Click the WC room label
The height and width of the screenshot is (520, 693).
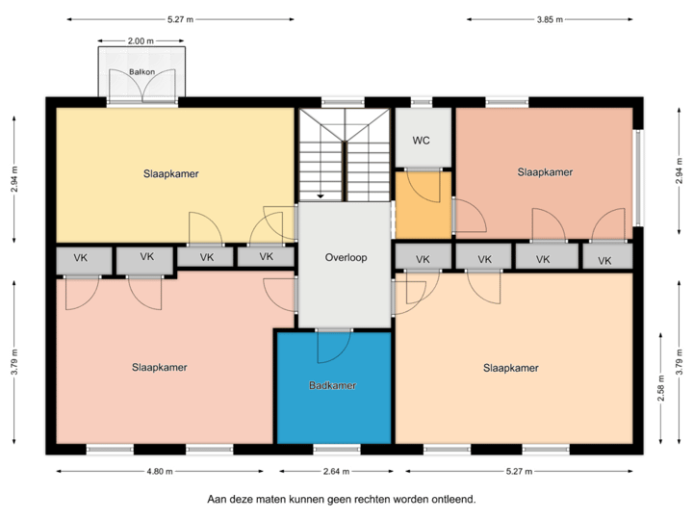point(421,141)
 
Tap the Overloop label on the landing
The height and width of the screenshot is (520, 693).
point(346,258)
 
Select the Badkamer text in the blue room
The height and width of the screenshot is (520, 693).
point(333,385)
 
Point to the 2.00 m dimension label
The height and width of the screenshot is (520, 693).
point(141,40)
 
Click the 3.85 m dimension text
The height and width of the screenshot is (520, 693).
point(550,18)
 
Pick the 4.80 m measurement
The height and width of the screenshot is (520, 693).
point(159,472)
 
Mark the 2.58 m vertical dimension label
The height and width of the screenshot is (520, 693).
point(660,389)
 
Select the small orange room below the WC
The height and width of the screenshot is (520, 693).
point(423,204)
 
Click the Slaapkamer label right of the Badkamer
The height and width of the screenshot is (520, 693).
point(510,368)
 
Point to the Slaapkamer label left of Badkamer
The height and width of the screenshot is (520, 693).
point(160,367)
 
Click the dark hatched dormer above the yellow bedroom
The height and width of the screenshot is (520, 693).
point(141,72)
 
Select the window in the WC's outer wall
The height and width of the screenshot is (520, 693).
point(421,101)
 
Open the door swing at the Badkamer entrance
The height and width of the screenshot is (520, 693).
point(333,341)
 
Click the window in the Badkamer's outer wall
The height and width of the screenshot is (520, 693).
point(333,449)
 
